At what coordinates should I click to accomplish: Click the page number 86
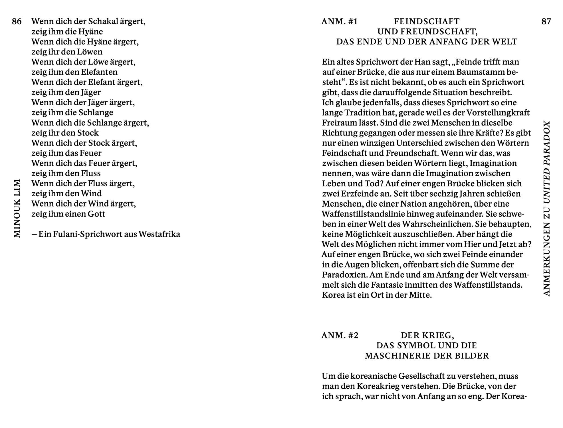[x=17, y=21]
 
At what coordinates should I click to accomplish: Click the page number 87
[x=546, y=21]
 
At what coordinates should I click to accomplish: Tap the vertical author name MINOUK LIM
[x=17, y=209]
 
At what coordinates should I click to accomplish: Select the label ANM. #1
[x=339, y=22]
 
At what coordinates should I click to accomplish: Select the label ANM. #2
[x=340, y=335]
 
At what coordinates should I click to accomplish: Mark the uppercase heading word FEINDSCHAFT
[x=427, y=22]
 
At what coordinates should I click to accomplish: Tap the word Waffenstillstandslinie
[x=364, y=214]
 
